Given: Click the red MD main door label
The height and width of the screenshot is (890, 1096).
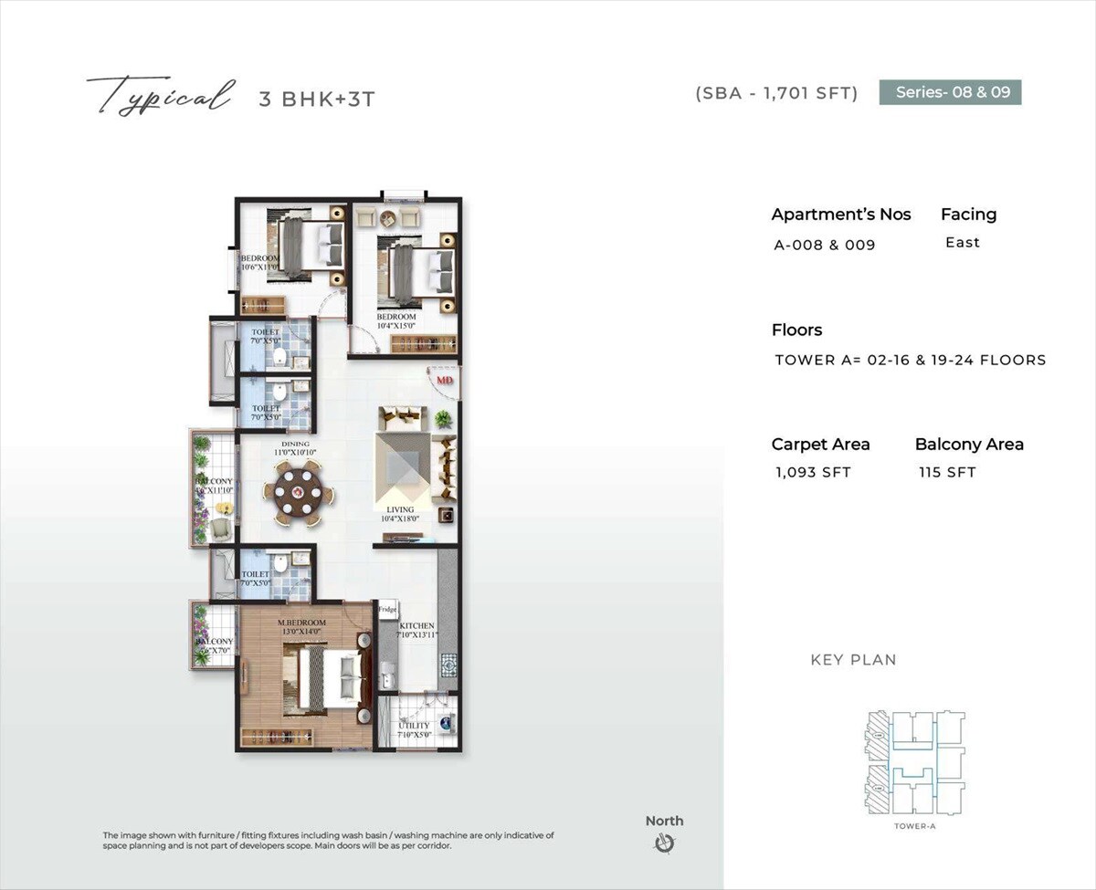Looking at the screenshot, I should (445, 379).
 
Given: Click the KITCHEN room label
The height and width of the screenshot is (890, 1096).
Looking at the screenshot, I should (416, 626).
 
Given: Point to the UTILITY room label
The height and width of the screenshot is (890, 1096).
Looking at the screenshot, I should (414, 727).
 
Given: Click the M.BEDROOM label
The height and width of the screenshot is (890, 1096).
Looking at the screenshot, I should (301, 623).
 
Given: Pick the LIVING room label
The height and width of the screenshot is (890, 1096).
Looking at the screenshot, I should (400, 509).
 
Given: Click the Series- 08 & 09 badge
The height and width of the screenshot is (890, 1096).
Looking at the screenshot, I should (950, 92).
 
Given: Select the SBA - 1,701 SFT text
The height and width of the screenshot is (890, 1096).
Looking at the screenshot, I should (776, 93).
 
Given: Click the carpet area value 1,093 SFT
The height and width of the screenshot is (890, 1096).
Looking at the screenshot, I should (813, 472).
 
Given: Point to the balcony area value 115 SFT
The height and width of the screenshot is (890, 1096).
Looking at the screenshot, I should (947, 472).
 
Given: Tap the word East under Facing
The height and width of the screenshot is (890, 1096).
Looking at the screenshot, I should (963, 242).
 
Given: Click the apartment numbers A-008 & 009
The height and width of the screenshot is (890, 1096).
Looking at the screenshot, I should (825, 245).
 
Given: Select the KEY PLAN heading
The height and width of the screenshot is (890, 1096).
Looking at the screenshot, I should (853, 659).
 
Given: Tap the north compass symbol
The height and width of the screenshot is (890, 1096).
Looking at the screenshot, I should (664, 843).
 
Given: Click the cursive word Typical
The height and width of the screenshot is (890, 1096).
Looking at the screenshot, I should (158, 96).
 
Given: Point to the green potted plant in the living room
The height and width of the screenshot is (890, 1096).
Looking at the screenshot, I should (443, 419).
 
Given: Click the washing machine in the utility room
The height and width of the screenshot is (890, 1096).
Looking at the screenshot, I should (445, 723).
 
